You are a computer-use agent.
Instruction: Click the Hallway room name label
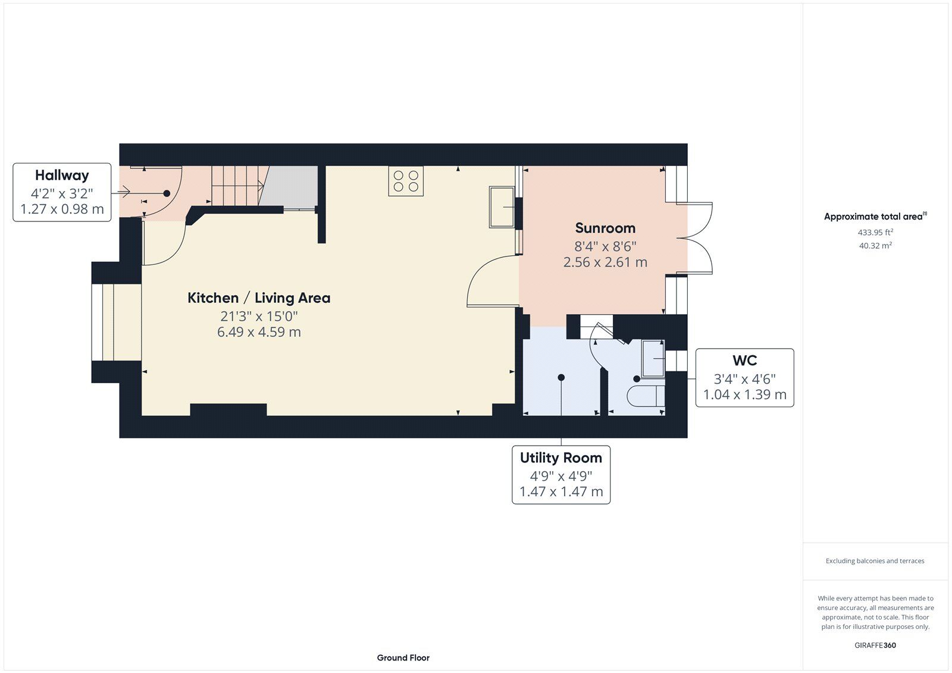tap(62, 175)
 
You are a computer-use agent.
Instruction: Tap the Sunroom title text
tap(605, 228)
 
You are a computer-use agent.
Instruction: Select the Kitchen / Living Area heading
tap(259, 298)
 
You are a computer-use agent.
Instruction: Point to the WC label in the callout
tap(744, 361)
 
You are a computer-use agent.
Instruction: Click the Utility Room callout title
tap(561, 458)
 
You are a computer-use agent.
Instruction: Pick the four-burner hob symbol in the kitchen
tap(406, 181)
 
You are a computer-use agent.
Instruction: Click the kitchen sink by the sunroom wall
tap(502, 207)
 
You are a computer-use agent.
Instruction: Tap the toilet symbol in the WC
tap(646, 396)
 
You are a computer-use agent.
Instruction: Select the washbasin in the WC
tap(653, 358)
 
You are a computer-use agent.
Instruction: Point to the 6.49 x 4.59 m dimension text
tap(259, 331)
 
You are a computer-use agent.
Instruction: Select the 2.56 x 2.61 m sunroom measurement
tap(605, 262)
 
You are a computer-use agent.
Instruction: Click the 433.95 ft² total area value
tap(875, 232)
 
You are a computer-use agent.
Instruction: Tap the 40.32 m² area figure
tap(875, 245)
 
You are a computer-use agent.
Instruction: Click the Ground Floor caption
tap(403, 658)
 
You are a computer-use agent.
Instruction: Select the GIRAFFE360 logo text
tap(875, 645)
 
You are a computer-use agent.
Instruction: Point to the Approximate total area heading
tap(875, 216)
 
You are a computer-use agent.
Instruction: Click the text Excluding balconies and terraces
tap(875, 561)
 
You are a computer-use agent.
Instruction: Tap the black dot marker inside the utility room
tap(561, 377)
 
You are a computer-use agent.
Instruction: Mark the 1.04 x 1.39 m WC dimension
tap(744, 395)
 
